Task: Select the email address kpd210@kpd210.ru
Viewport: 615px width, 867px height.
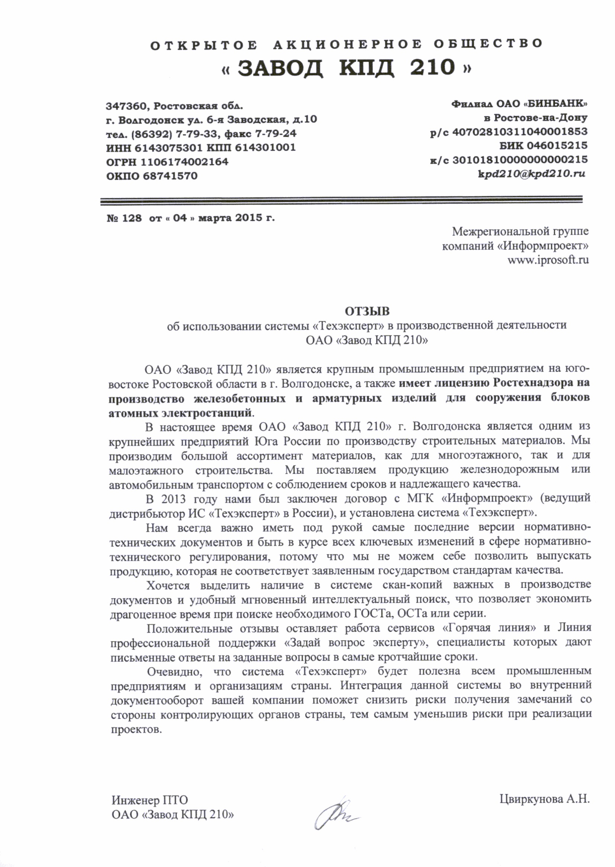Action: (532, 174)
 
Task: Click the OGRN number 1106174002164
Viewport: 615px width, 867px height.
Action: (185, 162)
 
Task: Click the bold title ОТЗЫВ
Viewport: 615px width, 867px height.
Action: (366, 312)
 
